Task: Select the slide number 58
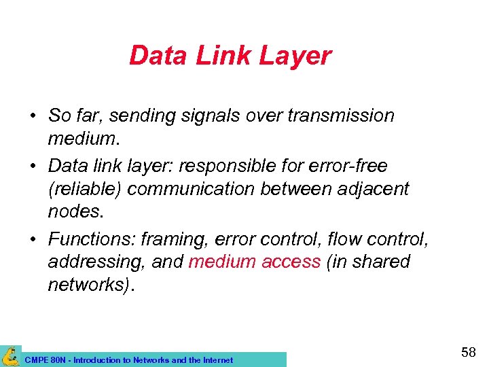coord(468,353)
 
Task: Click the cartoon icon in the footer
coord(11,356)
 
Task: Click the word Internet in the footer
coord(216,360)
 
